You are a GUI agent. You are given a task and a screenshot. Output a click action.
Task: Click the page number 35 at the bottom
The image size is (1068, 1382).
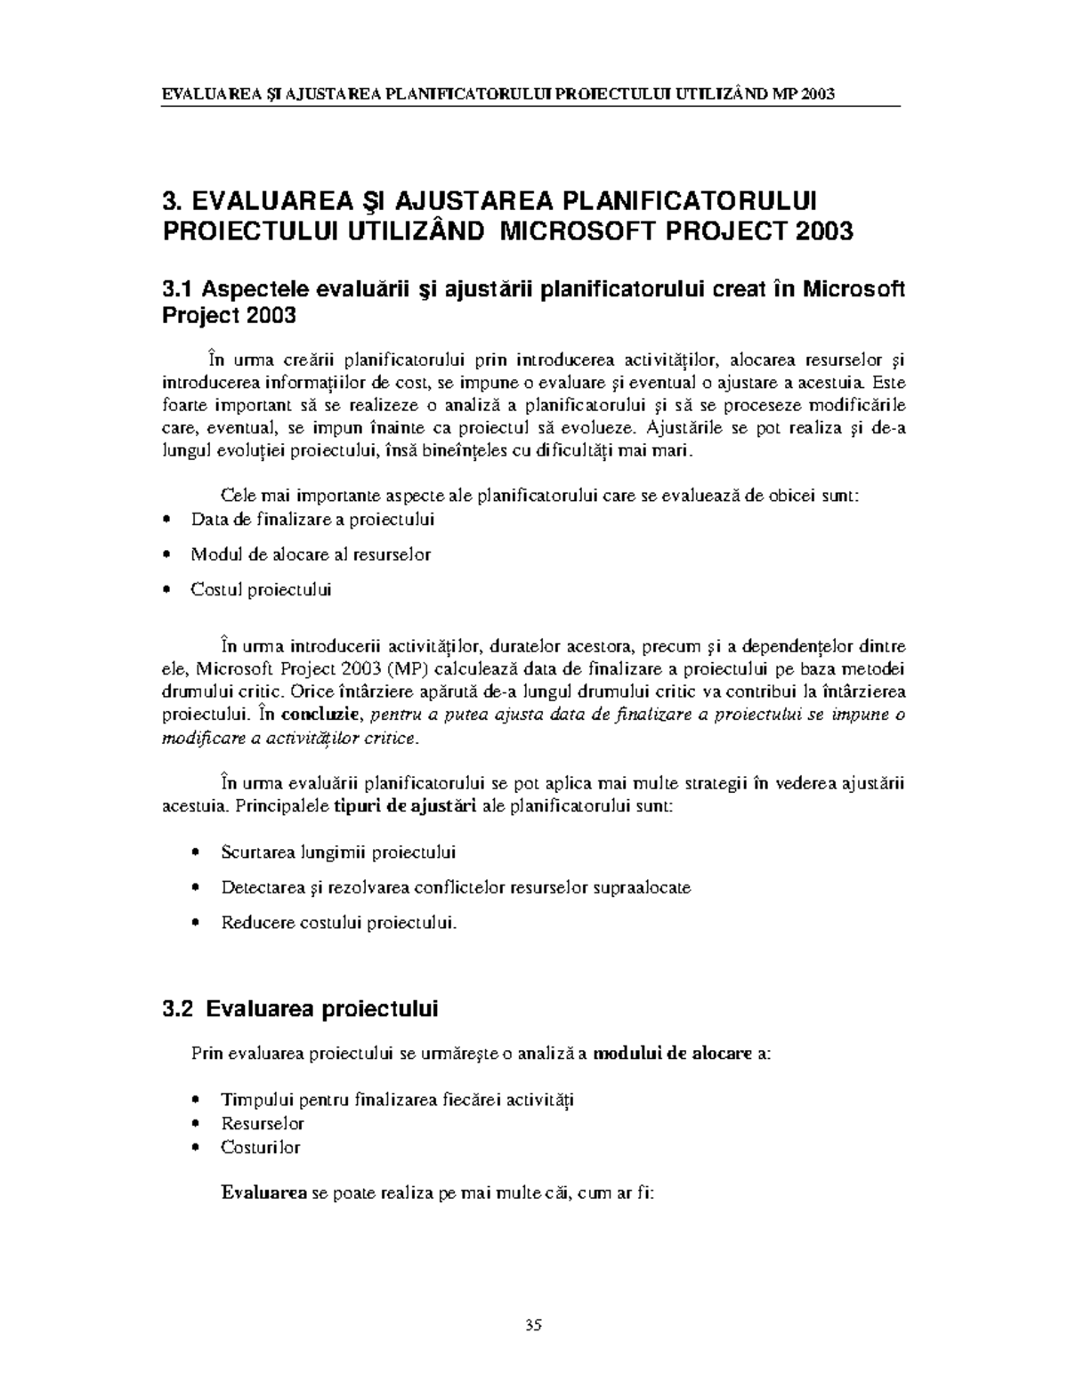[x=533, y=1324]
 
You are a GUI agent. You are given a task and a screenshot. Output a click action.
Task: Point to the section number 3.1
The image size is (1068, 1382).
[x=178, y=289]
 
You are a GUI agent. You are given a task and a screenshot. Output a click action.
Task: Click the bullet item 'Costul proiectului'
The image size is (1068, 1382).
[x=261, y=589]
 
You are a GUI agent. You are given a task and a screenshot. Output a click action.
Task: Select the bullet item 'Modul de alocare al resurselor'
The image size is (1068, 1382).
[x=311, y=554]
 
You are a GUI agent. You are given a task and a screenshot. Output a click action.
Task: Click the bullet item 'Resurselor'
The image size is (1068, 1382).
[x=263, y=1123]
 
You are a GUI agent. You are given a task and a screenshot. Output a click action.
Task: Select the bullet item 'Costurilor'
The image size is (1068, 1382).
[x=261, y=1147]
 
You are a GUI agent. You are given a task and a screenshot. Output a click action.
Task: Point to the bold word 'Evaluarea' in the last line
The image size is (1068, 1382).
[x=263, y=1192]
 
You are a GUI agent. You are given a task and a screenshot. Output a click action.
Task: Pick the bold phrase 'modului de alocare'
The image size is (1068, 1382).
[x=672, y=1054]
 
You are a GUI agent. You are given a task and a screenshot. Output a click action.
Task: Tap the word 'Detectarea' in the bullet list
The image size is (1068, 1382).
[x=263, y=887]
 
